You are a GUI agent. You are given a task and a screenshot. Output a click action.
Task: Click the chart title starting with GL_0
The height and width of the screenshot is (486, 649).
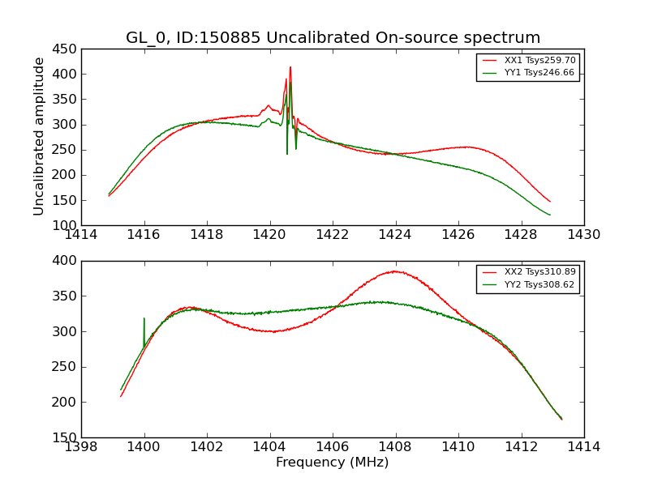(333, 38)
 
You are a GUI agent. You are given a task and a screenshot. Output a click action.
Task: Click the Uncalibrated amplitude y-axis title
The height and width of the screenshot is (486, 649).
(39, 136)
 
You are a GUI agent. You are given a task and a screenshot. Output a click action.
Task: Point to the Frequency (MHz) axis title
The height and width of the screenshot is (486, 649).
(333, 463)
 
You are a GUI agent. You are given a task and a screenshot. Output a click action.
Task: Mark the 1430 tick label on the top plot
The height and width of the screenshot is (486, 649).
(583, 235)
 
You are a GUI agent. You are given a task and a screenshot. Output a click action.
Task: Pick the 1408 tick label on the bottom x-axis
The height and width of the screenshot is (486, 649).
(395, 447)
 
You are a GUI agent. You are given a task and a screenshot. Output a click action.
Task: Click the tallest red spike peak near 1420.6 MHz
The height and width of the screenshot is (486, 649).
(290, 67)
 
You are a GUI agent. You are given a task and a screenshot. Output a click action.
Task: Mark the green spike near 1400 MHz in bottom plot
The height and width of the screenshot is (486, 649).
(144, 318)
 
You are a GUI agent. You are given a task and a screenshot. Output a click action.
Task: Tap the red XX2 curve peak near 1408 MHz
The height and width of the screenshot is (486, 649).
(394, 271)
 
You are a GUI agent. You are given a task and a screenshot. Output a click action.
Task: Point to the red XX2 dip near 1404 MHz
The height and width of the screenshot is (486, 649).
(273, 331)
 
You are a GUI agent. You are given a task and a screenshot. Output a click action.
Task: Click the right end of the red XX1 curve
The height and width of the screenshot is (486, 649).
(549, 201)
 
